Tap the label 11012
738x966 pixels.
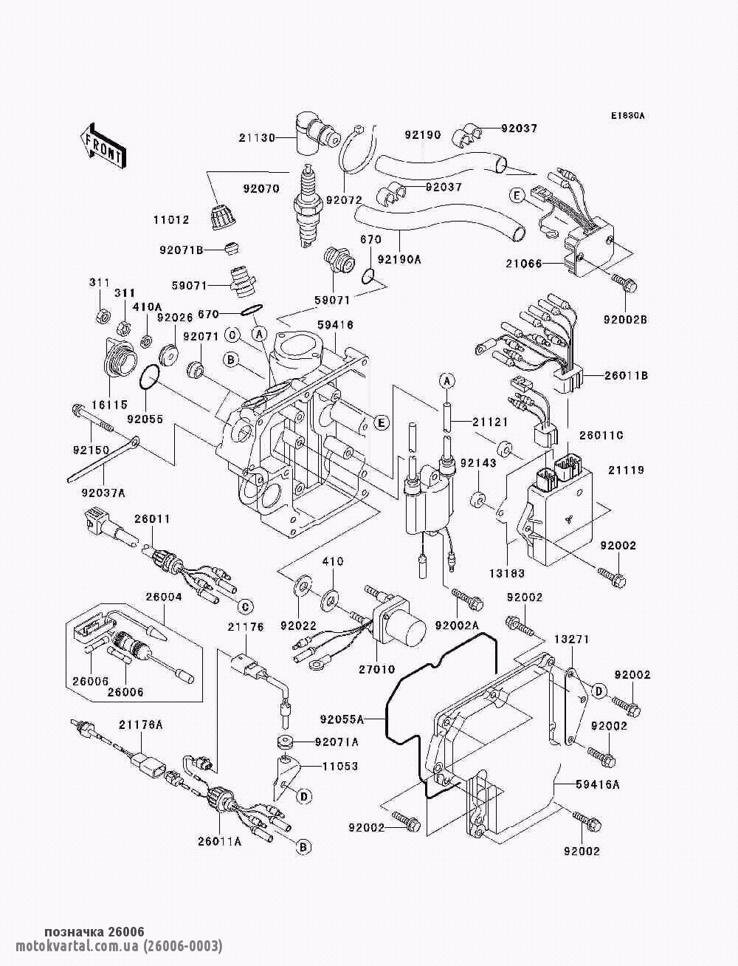(x=171, y=219)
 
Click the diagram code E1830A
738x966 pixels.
(x=627, y=116)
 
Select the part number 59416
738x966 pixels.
(x=335, y=324)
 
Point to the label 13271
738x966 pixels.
(x=571, y=639)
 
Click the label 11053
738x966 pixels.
(x=339, y=766)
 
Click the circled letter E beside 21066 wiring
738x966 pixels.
(x=517, y=195)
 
